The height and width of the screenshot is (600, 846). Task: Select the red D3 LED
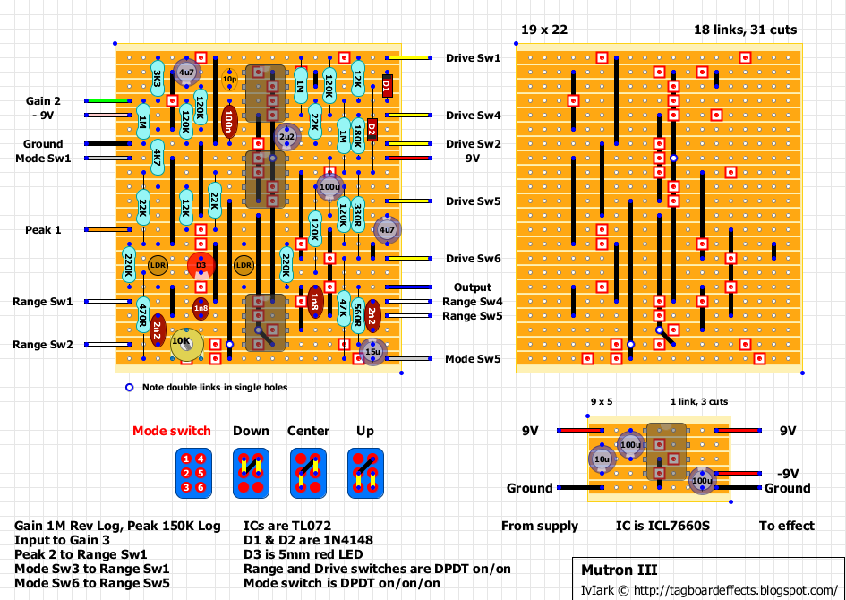click(x=201, y=265)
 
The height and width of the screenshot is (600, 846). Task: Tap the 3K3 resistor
click(x=158, y=79)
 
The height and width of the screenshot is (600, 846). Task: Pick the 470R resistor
click(x=143, y=315)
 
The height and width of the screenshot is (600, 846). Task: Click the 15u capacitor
click(x=372, y=351)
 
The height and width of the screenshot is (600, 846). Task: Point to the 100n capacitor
click(x=229, y=121)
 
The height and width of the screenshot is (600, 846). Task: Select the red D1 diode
click(x=387, y=86)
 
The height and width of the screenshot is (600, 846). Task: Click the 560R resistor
click(x=358, y=315)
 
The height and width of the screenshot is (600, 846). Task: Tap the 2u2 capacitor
click(x=287, y=136)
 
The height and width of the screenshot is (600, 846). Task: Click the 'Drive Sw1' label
click(x=474, y=58)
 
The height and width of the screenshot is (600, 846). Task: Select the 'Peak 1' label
click(x=43, y=230)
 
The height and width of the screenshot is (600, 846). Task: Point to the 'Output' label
click(x=472, y=287)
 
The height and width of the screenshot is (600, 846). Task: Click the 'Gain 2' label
click(x=43, y=101)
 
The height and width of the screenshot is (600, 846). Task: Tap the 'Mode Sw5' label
click(x=474, y=359)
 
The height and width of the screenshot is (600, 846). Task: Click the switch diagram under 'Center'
click(x=308, y=473)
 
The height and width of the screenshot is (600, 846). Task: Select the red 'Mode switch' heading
click(x=172, y=431)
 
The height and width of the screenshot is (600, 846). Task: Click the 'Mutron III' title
click(x=619, y=570)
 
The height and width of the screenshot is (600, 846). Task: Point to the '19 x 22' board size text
click(x=544, y=30)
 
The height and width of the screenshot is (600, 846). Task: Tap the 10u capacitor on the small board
click(x=600, y=459)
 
